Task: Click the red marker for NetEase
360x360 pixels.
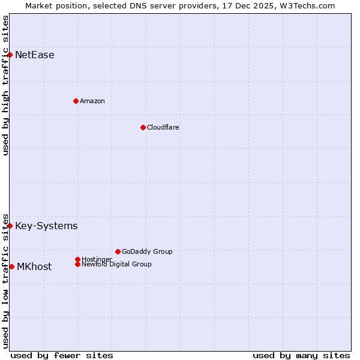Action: point(10,55)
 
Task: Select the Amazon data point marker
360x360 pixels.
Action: point(76,101)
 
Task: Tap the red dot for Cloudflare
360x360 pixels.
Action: point(143,127)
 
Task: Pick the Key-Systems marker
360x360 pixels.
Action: point(10,226)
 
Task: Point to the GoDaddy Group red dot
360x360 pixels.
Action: point(118,251)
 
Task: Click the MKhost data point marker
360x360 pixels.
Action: point(11,266)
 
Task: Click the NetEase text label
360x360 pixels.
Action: point(34,55)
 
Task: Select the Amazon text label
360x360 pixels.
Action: point(92,101)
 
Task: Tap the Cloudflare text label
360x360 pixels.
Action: point(163,127)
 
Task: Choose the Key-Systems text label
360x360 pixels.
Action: point(46,226)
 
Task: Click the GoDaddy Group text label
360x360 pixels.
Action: point(147,251)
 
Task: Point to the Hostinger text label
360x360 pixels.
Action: point(97,259)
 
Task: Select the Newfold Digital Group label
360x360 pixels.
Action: point(116,265)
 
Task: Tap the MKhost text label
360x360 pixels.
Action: point(34,267)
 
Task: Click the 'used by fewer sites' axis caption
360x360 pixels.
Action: point(62,355)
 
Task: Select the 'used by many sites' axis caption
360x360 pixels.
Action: point(301,355)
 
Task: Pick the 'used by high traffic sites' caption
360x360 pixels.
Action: point(5,85)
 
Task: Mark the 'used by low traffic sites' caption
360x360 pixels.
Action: point(5,280)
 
